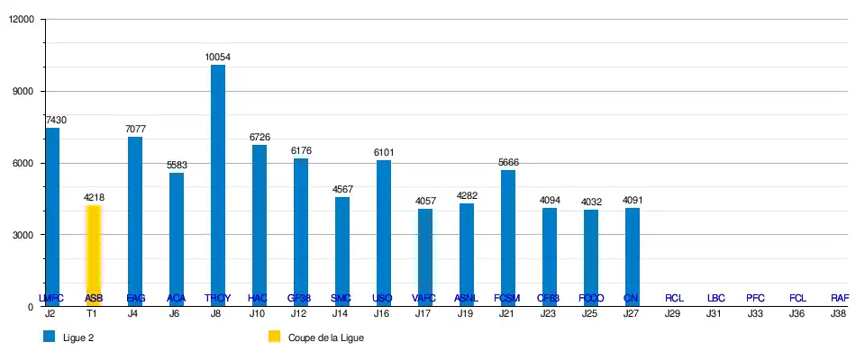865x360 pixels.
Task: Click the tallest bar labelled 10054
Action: click(218, 184)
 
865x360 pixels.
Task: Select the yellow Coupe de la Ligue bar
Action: click(93, 256)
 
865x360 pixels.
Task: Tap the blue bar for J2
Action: click(52, 216)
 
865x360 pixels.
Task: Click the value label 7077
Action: click(135, 130)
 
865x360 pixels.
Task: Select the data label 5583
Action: click(177, 166)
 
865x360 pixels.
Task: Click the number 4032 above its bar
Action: click(591, 202)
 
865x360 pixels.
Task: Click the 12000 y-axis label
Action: click(19, 20)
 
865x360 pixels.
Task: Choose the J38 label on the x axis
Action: click(838, 314)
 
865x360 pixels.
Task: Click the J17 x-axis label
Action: click(423, 314)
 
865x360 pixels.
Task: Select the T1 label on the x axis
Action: click(92, 314)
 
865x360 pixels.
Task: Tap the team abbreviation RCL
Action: click(674, 298)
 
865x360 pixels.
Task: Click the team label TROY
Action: click(218, 298)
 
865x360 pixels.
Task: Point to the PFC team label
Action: click(756, 298)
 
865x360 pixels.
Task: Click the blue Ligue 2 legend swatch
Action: click(50, 337)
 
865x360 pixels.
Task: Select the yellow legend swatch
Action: click(275, 337)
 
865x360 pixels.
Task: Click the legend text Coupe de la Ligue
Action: click(325, 338)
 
